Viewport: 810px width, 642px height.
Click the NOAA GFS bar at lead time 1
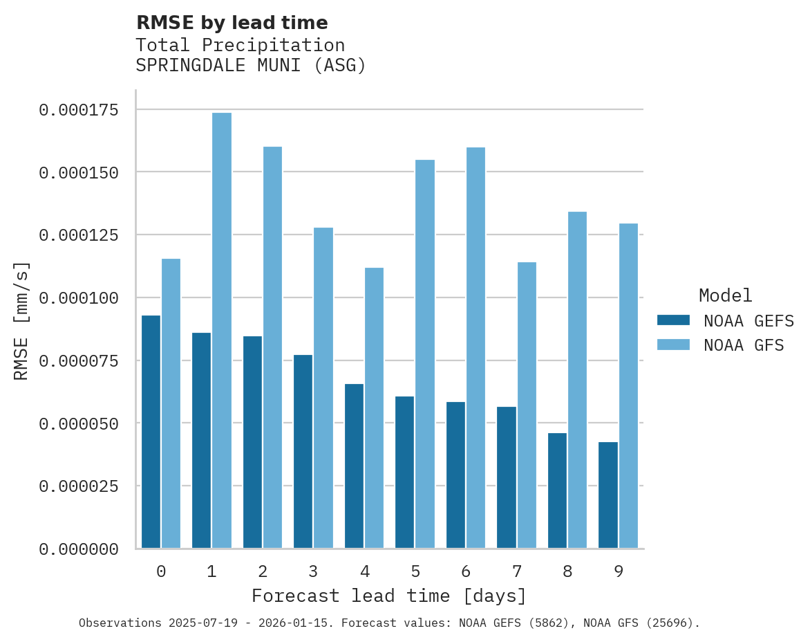coord(222,331)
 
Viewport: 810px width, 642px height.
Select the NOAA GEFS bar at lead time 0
coord(151,432)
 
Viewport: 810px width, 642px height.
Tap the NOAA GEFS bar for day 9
coord(608,495)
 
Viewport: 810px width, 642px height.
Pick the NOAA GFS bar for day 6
coord(475,348)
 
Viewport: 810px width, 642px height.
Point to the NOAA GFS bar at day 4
coord(374,408)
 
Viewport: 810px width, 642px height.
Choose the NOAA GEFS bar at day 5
coord(405,473)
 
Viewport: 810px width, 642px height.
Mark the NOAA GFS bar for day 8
coord(577,380)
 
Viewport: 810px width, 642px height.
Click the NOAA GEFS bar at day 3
coord(303,452)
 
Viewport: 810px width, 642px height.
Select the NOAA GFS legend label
coord(744,345)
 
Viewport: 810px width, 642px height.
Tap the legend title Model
coord(725,295)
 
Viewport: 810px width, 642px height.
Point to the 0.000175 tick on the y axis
coord(78,110)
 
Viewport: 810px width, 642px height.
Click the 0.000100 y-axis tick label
coord(78,298)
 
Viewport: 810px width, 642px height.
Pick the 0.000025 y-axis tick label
coord(78,486)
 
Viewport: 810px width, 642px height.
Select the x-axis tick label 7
coord(516,571)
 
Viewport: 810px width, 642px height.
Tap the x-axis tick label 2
coord(263,571)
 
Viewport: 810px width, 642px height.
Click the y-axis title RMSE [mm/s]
coord(21,320)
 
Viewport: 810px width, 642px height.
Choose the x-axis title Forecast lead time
coord(389,596)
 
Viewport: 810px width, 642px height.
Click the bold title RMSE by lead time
coord(232,23)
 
